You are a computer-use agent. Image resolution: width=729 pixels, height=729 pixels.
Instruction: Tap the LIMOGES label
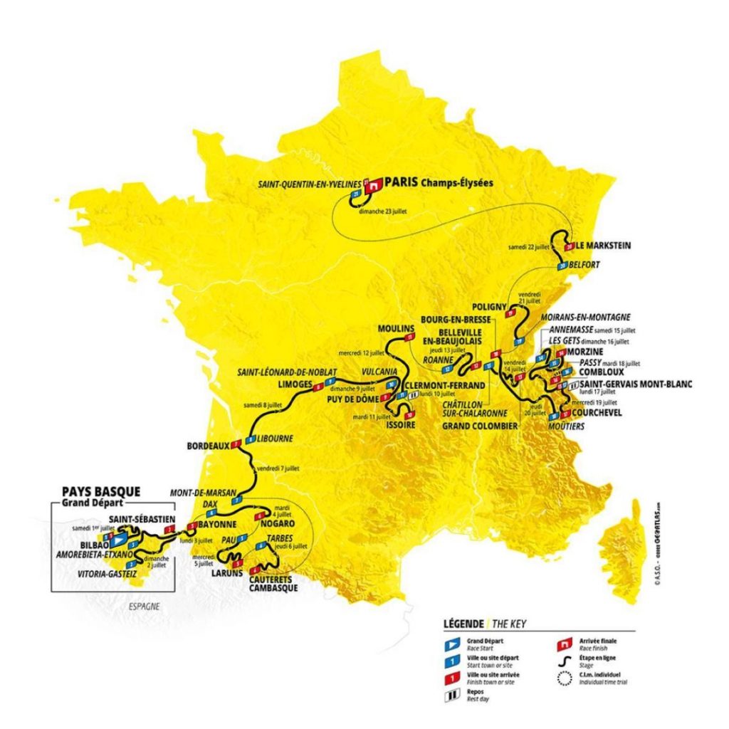click(295, 384)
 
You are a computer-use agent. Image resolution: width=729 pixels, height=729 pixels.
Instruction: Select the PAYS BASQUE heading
click(101, 491)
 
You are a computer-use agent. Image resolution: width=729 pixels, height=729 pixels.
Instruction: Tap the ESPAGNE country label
click(143, 607)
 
